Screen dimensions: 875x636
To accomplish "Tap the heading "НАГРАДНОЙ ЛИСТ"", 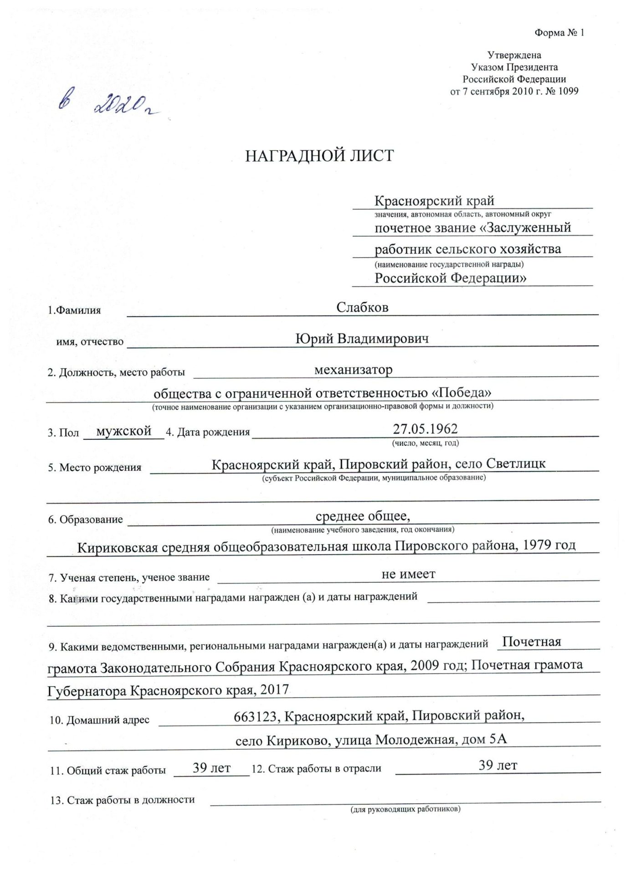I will (x=319, y=156).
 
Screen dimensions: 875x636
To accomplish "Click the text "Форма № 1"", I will (x=559, y=33).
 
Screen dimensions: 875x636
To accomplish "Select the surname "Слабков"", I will (x=362, y=307).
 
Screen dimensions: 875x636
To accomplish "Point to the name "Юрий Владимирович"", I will (x=362, y=339).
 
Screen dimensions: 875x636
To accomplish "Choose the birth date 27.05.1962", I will (x=425, y=429).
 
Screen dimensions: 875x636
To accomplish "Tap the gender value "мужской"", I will (x=124, y=431).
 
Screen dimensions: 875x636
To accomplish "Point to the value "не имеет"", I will (x=408, y=574).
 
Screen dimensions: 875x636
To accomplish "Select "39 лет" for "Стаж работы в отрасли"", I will (x=498, y=766).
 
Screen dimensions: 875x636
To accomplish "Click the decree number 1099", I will (x=568, y=91).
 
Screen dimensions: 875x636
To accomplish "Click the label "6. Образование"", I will (x=86, y=520).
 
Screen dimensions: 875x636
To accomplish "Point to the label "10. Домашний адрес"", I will (x=99, y=720).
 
